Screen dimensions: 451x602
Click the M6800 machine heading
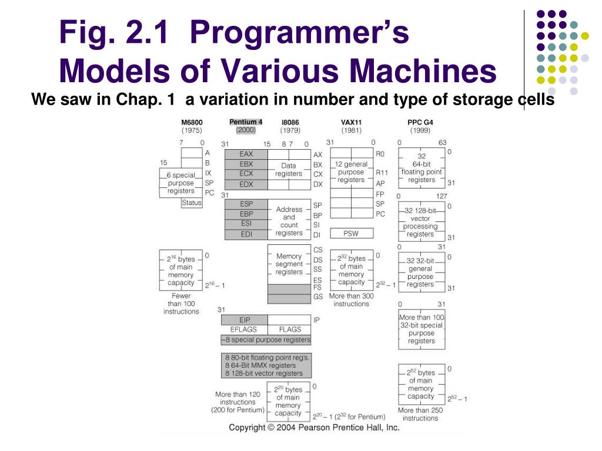click(x=192, y=122)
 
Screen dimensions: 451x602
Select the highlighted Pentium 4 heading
click(x=246, y=122)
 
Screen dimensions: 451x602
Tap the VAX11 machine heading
click(x=352, y=122)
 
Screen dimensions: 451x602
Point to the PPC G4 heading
click(x=420, y=122)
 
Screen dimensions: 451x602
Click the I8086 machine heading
click(x=290, y=122)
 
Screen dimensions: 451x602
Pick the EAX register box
click(x=246, y=154)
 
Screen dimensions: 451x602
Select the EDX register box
click(x=246, y=184)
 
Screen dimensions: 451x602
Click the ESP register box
click(x=246, y=204)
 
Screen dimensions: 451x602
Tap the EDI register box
click(x=246, y=234)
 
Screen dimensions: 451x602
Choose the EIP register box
click(x=245, y=320)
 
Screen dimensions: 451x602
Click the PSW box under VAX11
click(x=351, y=233)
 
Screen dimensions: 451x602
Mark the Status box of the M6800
click(x=192, y=203)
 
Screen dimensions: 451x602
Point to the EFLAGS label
click(x=244, y=329)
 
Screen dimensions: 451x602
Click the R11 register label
click(x=381, y=173)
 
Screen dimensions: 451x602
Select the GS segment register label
click(x=318, y=297)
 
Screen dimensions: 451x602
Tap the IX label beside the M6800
click(x=208, y=173)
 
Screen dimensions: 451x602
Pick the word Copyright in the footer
click(x=247, y=428)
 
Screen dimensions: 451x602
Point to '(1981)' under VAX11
click(x=352, y=130)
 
